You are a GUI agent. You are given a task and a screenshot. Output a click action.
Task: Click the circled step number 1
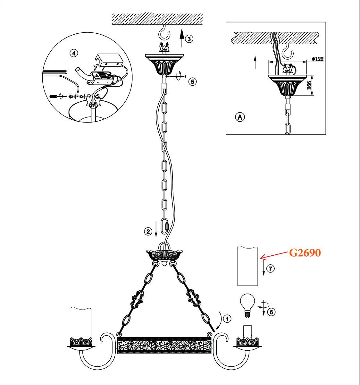[227, 319]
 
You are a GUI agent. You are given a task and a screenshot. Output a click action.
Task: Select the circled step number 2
[148, 231]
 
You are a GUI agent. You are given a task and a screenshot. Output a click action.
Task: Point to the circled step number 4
[74, 53]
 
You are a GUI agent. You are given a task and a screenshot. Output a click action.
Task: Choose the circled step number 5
[192, 81]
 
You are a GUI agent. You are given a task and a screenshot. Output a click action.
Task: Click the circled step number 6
[271, 312]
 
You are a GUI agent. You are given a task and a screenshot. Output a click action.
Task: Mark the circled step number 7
[271, 268]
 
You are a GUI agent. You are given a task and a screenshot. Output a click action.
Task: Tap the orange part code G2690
[305, 253]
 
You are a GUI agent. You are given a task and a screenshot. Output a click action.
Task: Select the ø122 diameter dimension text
[317, 59]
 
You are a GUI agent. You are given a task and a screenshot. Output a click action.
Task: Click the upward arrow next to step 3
[182, 38]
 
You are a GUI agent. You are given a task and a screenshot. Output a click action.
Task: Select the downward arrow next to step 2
[156, 228]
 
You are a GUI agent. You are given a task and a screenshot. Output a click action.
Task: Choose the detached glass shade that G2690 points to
[247, 266]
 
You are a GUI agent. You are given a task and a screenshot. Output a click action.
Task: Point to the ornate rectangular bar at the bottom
[164, 346]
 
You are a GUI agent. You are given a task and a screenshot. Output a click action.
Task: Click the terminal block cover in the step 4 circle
[109, 61]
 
